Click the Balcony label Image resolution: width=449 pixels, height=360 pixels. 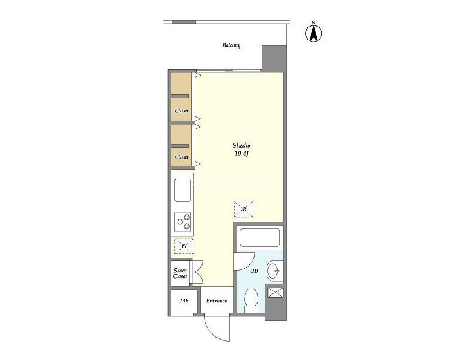231,45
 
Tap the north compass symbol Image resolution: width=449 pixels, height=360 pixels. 313,32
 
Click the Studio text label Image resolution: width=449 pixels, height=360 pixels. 241,146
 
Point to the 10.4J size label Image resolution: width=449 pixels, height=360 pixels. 241,154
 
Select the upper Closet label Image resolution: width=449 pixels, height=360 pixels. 182,111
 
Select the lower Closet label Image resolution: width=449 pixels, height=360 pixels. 182,157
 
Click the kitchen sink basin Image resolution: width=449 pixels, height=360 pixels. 182,190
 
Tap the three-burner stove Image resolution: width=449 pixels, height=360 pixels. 183,222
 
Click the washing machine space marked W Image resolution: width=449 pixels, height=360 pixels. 184,246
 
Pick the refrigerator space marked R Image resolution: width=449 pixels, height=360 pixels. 244,209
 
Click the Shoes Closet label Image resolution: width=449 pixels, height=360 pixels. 180,273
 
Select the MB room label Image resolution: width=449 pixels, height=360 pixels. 184,301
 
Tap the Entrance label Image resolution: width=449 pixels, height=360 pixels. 217,301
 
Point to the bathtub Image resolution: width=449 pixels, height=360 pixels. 260,237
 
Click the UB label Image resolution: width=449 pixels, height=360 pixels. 254,271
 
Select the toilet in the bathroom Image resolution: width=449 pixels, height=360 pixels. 252,300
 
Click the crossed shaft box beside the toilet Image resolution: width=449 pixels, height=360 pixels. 276,293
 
